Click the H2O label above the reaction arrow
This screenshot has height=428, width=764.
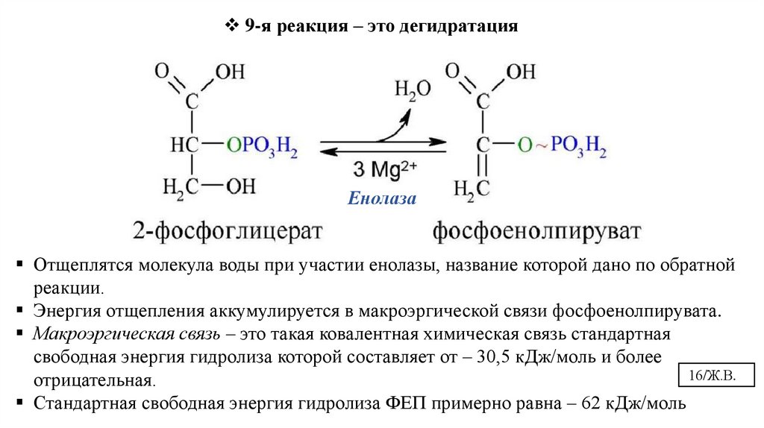click(412, 90)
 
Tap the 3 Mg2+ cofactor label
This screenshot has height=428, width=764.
click(384, 169)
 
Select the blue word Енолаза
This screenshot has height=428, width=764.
click(381, 199)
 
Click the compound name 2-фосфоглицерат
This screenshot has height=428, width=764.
click(228, 230)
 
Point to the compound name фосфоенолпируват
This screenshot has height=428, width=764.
click(536, 230)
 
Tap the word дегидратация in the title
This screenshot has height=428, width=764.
click(459, 27)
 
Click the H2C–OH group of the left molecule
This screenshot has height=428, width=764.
click(202, 186)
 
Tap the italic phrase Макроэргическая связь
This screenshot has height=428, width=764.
click(110, 333)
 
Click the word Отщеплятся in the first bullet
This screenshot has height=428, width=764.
click(75, 265)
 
